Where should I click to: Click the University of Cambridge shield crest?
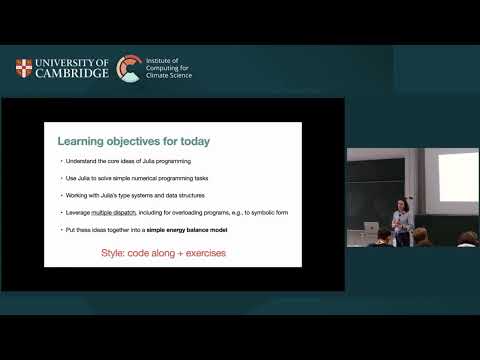coord(23,68)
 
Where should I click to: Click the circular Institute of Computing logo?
coord(129,68)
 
